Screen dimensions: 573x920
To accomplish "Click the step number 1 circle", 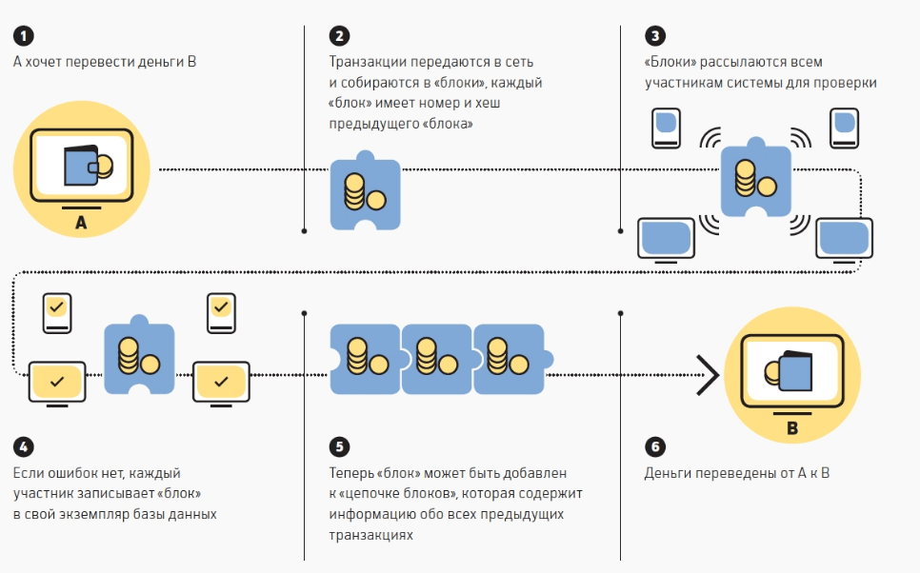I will coord(23,37).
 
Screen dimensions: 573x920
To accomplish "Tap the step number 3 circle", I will coord(654,37).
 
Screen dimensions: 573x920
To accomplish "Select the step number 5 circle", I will coord(339,446).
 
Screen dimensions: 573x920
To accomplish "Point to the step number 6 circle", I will coord(654,446).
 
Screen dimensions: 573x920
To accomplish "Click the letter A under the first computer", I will coord(80,224).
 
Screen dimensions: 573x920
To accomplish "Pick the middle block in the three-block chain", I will coord(436,359).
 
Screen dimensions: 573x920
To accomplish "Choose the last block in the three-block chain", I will coord(508,359).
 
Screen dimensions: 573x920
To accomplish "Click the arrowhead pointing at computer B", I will coord(707,374).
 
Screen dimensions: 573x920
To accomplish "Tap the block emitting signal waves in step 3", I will coord(755,179).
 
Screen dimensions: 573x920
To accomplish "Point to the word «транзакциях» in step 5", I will coord(371,535).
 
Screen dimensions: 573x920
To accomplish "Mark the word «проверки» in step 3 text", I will coord(846,83).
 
